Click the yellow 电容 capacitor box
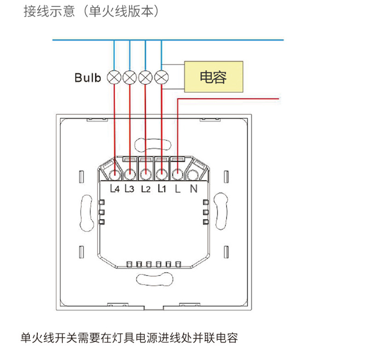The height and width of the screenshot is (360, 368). click(213, 76)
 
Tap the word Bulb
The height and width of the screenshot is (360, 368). click(87, 77)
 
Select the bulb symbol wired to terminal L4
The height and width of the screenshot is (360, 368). click(114, 77)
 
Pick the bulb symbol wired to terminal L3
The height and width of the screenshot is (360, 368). click(130, 77)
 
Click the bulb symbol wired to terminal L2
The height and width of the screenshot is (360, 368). click(146, 77)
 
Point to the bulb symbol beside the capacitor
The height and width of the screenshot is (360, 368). click(161, 77)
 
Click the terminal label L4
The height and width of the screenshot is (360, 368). click(115, 189)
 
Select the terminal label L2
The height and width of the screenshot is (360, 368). click(145, 189)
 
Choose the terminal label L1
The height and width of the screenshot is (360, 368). click(161, 189)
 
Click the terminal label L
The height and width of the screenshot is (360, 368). click(177, 189)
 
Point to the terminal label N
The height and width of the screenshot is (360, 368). click(193, 189)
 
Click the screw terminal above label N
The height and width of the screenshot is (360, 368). click(193, 174)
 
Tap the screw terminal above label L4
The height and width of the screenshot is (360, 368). click(115, 174)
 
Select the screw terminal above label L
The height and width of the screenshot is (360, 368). click(177, 174)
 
